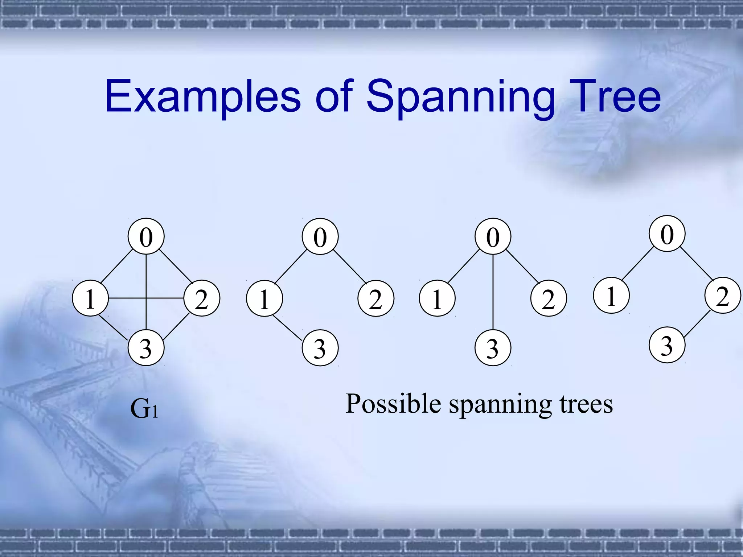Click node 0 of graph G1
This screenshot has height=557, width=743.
coord(146,236)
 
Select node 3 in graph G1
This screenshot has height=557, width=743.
coord(146,348)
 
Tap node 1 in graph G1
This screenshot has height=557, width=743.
coord(90,298)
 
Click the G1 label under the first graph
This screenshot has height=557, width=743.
coord(144,409)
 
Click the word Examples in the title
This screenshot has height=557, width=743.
coord(202,97)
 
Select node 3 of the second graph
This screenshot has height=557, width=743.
coord(320,348)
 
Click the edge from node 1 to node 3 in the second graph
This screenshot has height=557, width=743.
coord(287,328)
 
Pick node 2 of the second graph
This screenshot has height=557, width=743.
coord(376,298)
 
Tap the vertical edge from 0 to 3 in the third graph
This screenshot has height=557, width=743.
coord(493,292)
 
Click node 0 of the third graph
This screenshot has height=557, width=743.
coord(493,236)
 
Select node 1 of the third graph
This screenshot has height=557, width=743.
coord(437,298)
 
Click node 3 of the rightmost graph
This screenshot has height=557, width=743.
coord(667,345)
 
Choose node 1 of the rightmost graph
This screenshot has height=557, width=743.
coord(611,295)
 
